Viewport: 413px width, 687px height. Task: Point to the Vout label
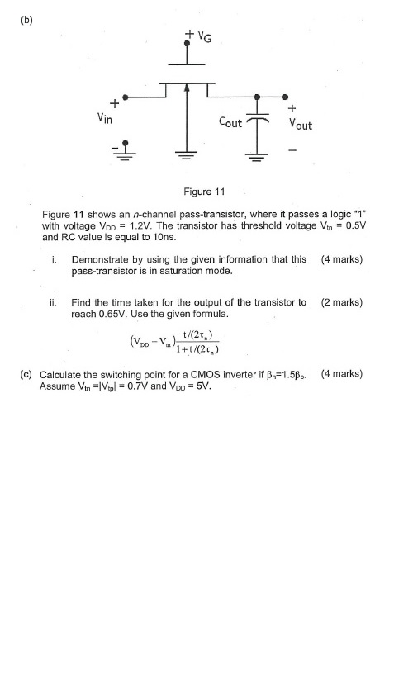(x=297, y=125)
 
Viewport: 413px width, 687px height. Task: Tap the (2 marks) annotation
(x=341, y=302)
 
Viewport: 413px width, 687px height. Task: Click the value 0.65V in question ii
(x=111, y=315)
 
